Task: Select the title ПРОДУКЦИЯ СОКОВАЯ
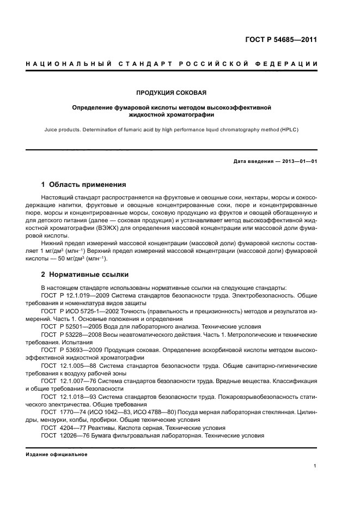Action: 172,93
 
